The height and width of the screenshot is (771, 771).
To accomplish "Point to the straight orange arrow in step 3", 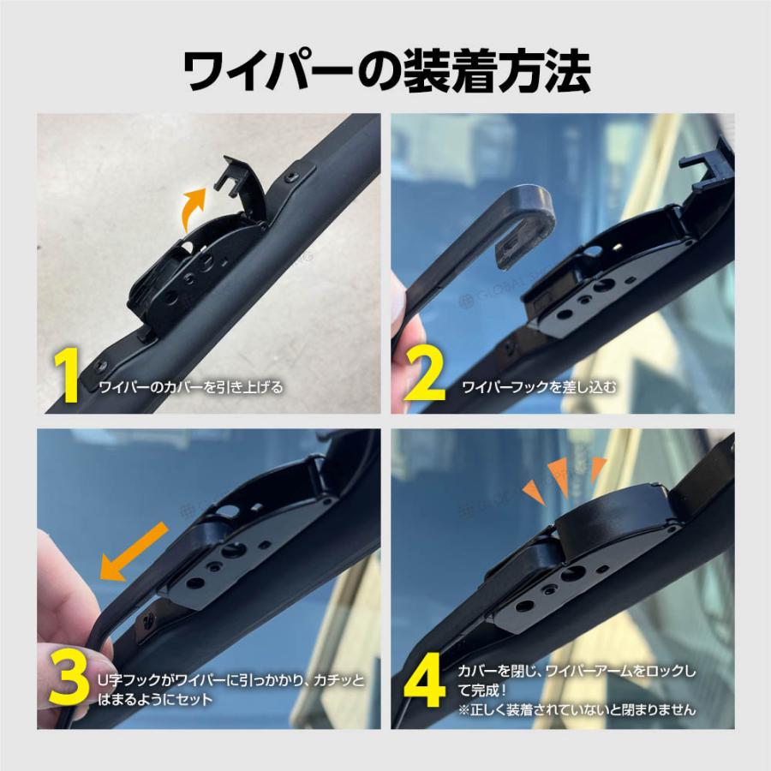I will [134, 551].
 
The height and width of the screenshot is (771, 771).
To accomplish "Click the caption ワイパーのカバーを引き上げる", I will [191, 387].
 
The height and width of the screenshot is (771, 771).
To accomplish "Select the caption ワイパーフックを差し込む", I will [539, 387].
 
